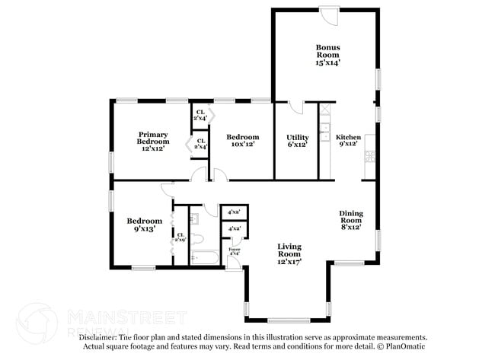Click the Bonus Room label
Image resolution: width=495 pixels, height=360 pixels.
pyautogui.click(x=327, y=55)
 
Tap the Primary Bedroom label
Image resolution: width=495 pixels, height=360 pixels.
pyautogui.click(x=153, y=141)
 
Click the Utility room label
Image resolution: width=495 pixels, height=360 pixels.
pyautogui.click(x=296, y=141)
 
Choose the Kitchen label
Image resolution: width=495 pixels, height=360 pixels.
pyautogui.click(x=348, y=141)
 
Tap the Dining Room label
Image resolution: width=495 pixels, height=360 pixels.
pyautogui.click(x=350, y=219)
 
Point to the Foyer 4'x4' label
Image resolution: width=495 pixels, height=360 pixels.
pyautogui.click(x=235, y=251)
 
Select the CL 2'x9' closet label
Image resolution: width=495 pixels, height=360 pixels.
pyautogui.click(x=180, y=237)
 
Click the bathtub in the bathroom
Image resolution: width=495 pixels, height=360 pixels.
pyautogui.click(x=204, y=257)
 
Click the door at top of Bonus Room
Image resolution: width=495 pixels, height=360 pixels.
pyautogui.click(x=329, y=14)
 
